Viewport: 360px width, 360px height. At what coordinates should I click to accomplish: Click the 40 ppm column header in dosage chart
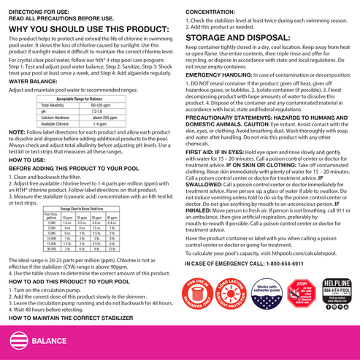point(112,218)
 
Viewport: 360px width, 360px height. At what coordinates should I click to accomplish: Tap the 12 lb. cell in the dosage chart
point(112,248)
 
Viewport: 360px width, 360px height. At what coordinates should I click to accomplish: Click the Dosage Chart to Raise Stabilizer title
point(80,209)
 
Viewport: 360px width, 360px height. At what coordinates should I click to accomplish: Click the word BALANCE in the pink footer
point(51,340)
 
